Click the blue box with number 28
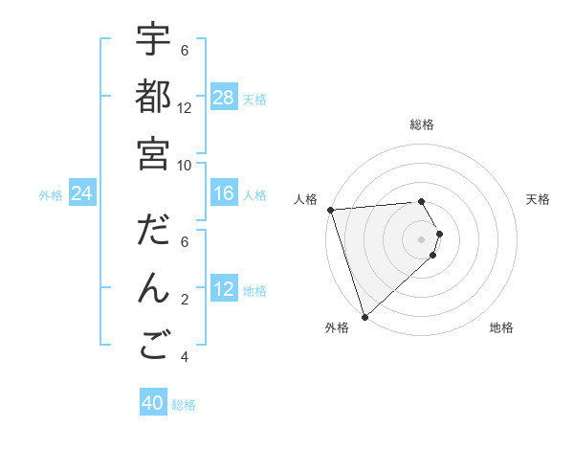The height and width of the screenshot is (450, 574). (x=224, y=97)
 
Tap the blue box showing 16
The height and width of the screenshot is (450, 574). (x=224, y=194)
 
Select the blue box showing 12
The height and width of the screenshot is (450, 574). (x=224, y=290)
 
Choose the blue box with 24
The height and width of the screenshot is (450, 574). (x=82, y=194)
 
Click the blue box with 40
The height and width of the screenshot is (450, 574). (x=153, y=403)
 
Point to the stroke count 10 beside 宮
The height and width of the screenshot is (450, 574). (x=185, y=165)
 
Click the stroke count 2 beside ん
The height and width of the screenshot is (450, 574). (x=185, y=300)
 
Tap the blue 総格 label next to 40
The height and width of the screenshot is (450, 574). (x=185, y=405)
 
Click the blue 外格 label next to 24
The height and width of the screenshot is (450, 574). (x=51, y=195)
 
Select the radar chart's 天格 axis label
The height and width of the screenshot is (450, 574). (x=539, y=199)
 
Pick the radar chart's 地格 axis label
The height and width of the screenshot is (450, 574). (x=501, y=327)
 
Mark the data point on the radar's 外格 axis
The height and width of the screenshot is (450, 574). (x=364, y=316)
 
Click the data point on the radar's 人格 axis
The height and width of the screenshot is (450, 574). (x=330, y=209)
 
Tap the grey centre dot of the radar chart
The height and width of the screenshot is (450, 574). (x=421, y=238)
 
